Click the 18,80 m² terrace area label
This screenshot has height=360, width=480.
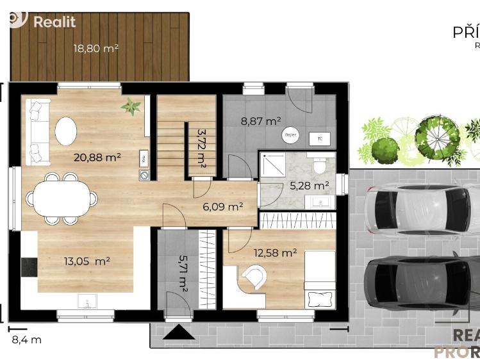(95, 47)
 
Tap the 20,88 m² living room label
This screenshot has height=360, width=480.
(97, 157)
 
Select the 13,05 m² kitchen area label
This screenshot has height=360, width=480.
(87, 261)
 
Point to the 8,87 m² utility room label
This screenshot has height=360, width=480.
(260, 120)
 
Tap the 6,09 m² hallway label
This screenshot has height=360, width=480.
(222, 206)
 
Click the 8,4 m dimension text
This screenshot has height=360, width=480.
(26, 340)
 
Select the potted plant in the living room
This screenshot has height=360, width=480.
(131, 106)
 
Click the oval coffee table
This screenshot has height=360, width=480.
(65, 131)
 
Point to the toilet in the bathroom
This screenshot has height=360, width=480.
(317, 165)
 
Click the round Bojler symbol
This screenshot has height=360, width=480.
(290, 136)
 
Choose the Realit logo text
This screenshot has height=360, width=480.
(54, 22)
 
